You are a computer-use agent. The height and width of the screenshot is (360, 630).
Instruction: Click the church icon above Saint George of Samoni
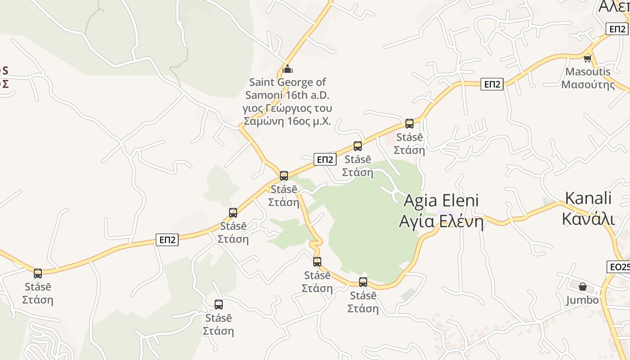tap(288, 69)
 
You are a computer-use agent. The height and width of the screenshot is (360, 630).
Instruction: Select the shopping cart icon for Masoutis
tap(587, 58)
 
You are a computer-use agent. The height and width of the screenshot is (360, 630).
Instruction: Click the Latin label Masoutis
tap(588, 72)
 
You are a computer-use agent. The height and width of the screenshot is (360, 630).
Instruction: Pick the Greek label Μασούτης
tap(588, 85)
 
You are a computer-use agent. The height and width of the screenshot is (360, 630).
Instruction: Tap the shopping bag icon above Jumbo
tap(583, 287)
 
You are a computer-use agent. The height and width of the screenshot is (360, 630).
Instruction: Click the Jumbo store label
tap(582, 300)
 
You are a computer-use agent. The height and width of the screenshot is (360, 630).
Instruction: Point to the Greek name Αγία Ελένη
tap(441, 222)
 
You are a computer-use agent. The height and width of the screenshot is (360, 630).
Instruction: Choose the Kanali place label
tap(588, 198)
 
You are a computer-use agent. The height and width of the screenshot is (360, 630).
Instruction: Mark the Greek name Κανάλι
tap(588, 219)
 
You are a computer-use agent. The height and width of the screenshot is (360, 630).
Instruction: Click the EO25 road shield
tap(619, 267)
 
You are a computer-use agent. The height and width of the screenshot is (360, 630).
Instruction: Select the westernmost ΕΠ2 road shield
tap(167, 240)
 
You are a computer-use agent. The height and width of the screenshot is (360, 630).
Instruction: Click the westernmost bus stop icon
tap(38, 273)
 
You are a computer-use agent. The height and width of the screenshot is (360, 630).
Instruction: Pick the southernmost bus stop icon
tap(219, 305)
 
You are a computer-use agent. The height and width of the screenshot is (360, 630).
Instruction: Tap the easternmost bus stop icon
tap(409, 124)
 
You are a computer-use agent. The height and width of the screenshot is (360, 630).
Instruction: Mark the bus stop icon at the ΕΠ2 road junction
tap(284, 176)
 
